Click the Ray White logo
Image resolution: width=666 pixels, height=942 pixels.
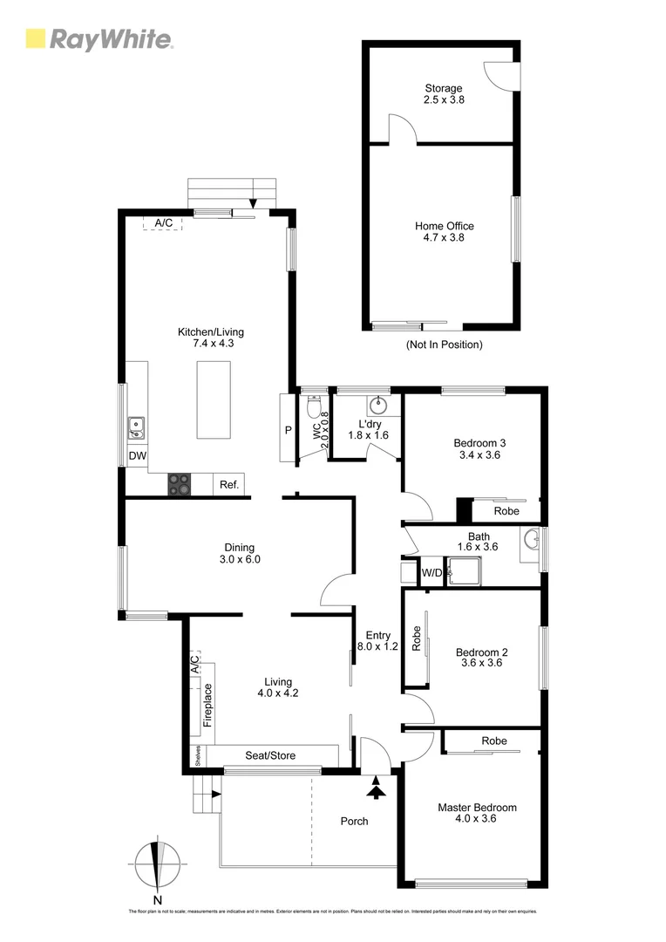coord(99,39)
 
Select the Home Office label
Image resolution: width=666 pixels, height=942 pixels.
coord(444,231)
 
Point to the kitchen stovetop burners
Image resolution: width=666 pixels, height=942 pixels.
coord(180,484)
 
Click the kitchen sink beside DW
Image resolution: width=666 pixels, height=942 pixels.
coord(136,427)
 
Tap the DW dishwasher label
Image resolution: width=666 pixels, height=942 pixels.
coord(137,456)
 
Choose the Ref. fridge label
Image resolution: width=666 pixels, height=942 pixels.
coord(229,485)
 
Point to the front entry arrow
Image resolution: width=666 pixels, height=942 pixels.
coord(376,790)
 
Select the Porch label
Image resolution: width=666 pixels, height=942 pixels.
coord(354,822)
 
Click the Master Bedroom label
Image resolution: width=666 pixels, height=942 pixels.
coord(477,813)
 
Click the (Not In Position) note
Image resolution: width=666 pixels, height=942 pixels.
coord(444,345)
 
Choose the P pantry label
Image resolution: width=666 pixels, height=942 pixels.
coord(288,430)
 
